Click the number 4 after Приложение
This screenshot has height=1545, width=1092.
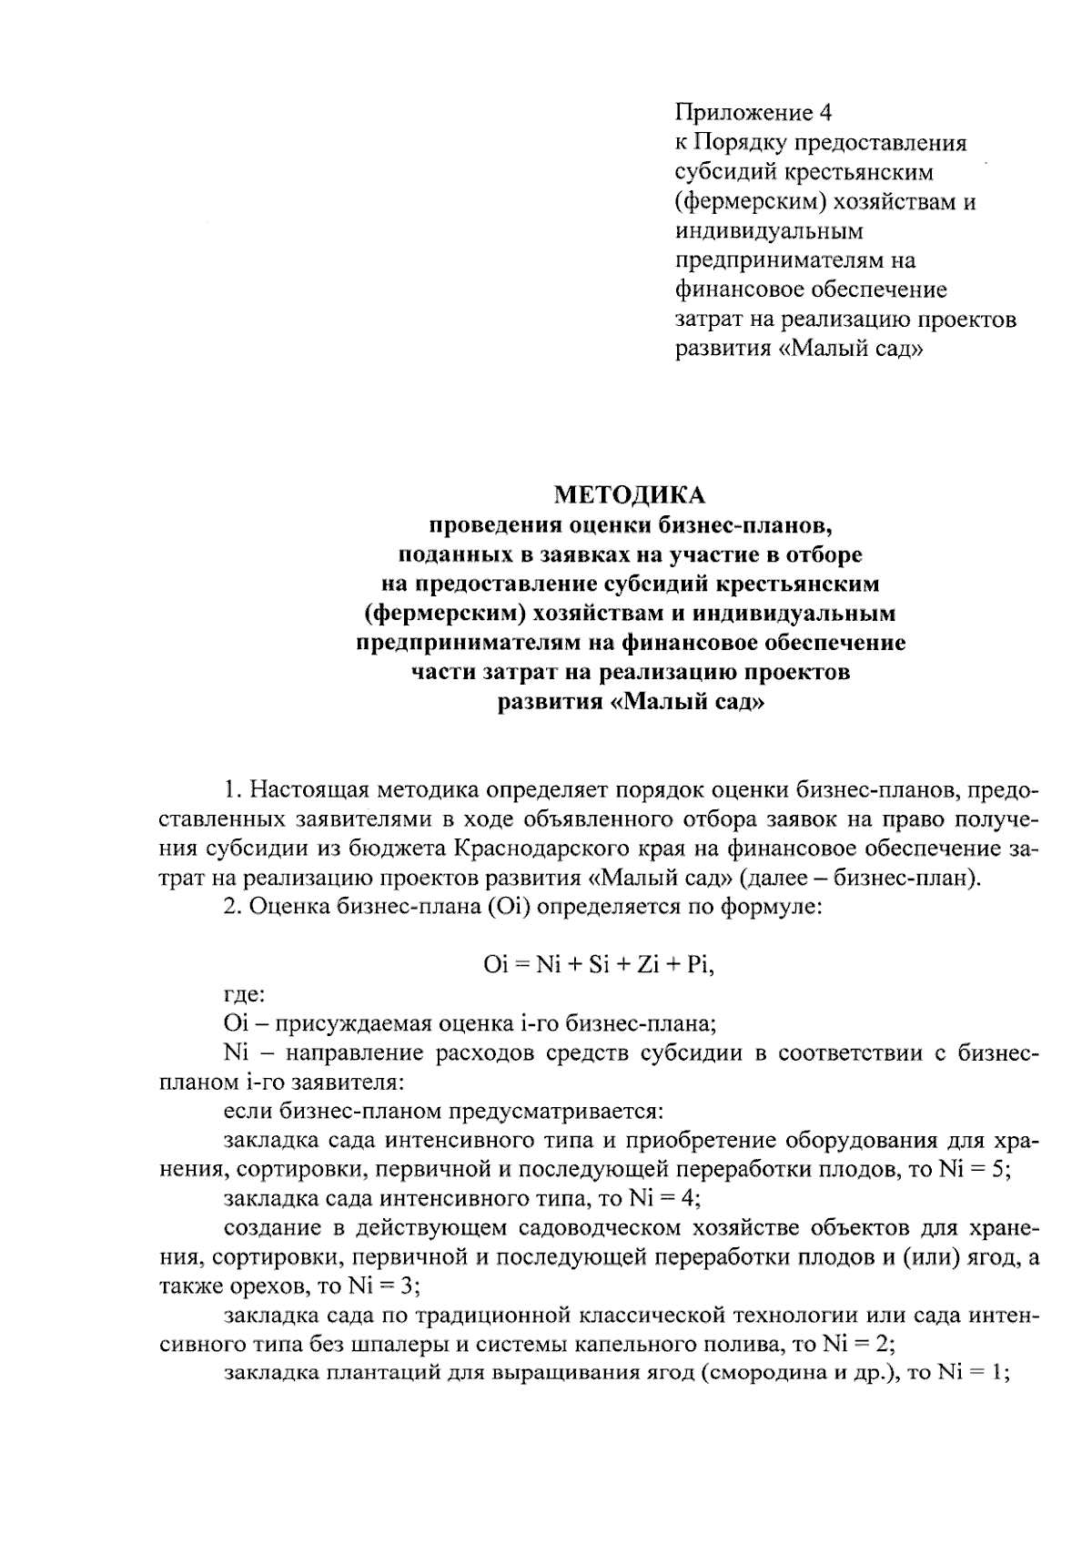click(x=824, y=113)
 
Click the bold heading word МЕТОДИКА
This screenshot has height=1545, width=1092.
click(x=629, y=495)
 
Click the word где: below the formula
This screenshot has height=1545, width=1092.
click(x=244, y=995)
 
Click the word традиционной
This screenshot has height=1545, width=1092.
click(x=497, y=1316)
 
